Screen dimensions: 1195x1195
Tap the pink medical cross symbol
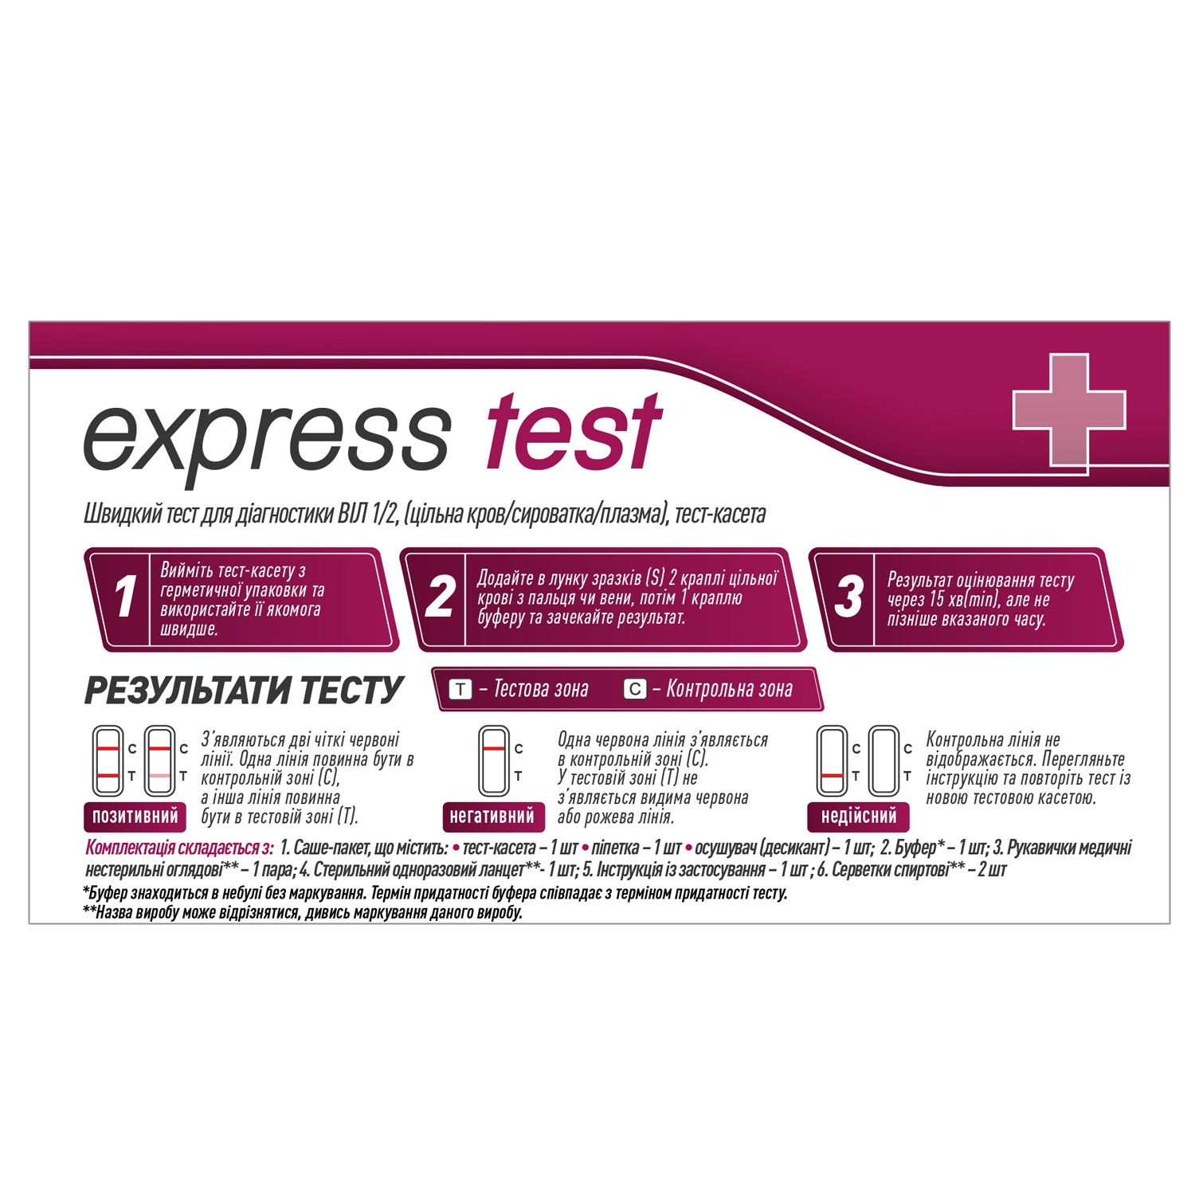(x=1069, y=409)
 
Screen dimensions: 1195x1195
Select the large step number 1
(x=124, y=597)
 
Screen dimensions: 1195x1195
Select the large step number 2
(x=440, y=597)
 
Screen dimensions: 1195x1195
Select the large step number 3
(x=848, y=597)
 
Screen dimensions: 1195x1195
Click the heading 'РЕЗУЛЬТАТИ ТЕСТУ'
(x=244, y=691)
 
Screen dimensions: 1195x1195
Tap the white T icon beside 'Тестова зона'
(x=460, y=689)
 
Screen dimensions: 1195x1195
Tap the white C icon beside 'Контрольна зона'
(x=634, y=689)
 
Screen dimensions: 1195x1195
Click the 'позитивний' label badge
(x=135, y=817)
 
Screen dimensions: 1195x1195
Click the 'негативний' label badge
(x=492, y=817)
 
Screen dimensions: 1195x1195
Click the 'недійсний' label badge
(x=859, y=817)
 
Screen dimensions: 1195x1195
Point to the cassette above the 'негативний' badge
(x=494, y=761)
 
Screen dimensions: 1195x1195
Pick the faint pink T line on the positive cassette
(x=159, y=776)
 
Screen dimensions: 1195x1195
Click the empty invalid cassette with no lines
(x=884, y=761)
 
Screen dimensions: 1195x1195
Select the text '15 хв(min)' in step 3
(x=964, y=600)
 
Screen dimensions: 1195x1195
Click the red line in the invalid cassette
(x=832, y=776)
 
